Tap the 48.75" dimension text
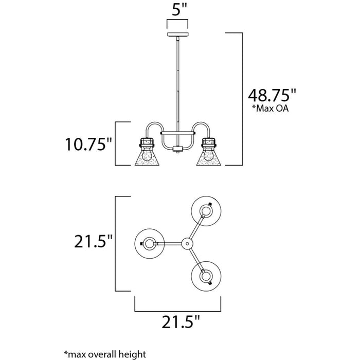(272, 96)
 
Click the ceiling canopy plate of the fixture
(178, 34)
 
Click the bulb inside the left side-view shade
(148, 154)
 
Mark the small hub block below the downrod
(178, 149)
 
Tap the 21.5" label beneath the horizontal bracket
(179, 323)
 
